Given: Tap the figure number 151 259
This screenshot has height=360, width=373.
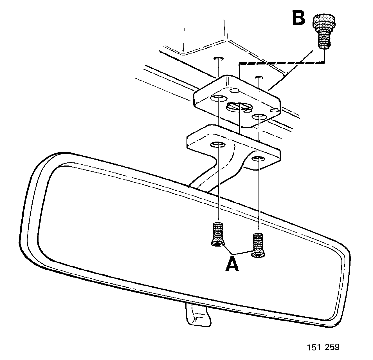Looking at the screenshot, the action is click(323, 347).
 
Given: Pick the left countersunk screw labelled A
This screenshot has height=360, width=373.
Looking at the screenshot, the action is click(218, 234).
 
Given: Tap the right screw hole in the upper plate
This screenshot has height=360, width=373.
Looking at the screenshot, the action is click(259, 117).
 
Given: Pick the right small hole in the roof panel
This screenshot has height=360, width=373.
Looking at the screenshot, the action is click(259, 77).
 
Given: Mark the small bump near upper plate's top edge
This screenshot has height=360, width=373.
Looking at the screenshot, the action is click(235, 90).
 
